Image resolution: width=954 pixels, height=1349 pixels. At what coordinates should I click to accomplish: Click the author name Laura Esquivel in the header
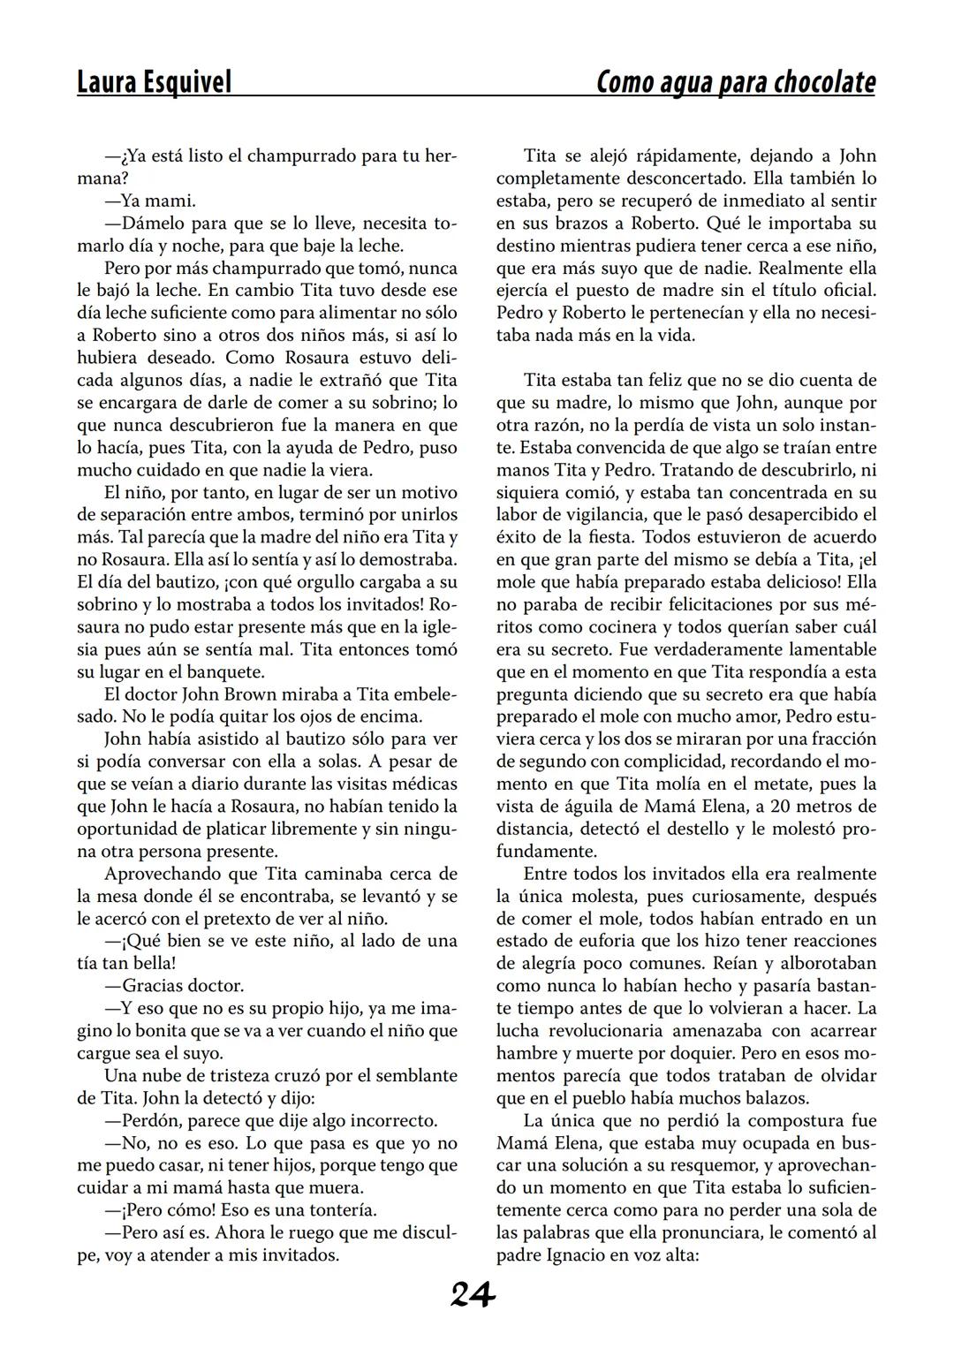(x=155, y=82)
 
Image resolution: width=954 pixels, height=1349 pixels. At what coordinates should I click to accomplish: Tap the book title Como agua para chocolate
(x=736, y=82)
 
